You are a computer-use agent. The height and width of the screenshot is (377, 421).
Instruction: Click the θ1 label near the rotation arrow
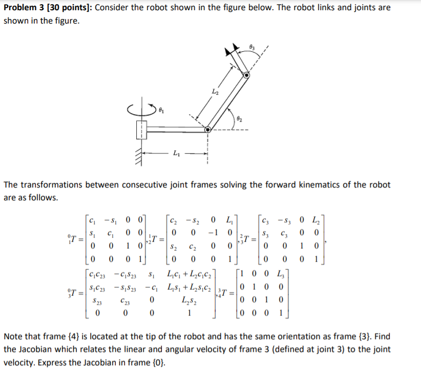click(x=161, y=110)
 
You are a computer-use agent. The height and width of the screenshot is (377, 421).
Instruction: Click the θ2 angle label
click(x=239, y=119)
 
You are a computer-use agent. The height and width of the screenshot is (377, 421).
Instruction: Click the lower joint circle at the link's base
click(x=207, y=130)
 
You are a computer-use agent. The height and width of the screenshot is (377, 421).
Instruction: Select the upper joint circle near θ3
click(x=247, y=75)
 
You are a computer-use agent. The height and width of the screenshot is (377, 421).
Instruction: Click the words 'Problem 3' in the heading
click(x=20, y=8)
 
